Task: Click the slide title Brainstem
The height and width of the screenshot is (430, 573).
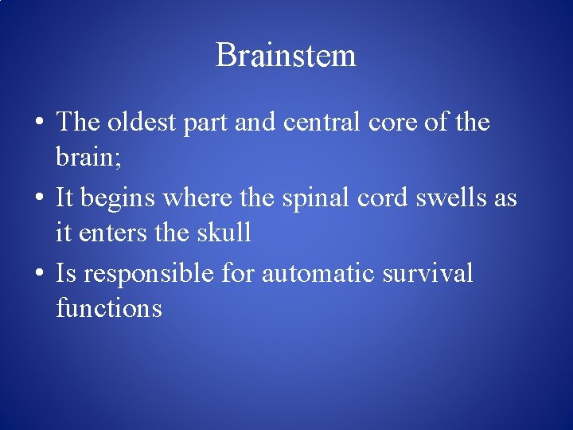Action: [286, 56]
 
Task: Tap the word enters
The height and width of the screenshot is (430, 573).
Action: [109, 233]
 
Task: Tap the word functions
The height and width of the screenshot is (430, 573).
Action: [109, 307]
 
